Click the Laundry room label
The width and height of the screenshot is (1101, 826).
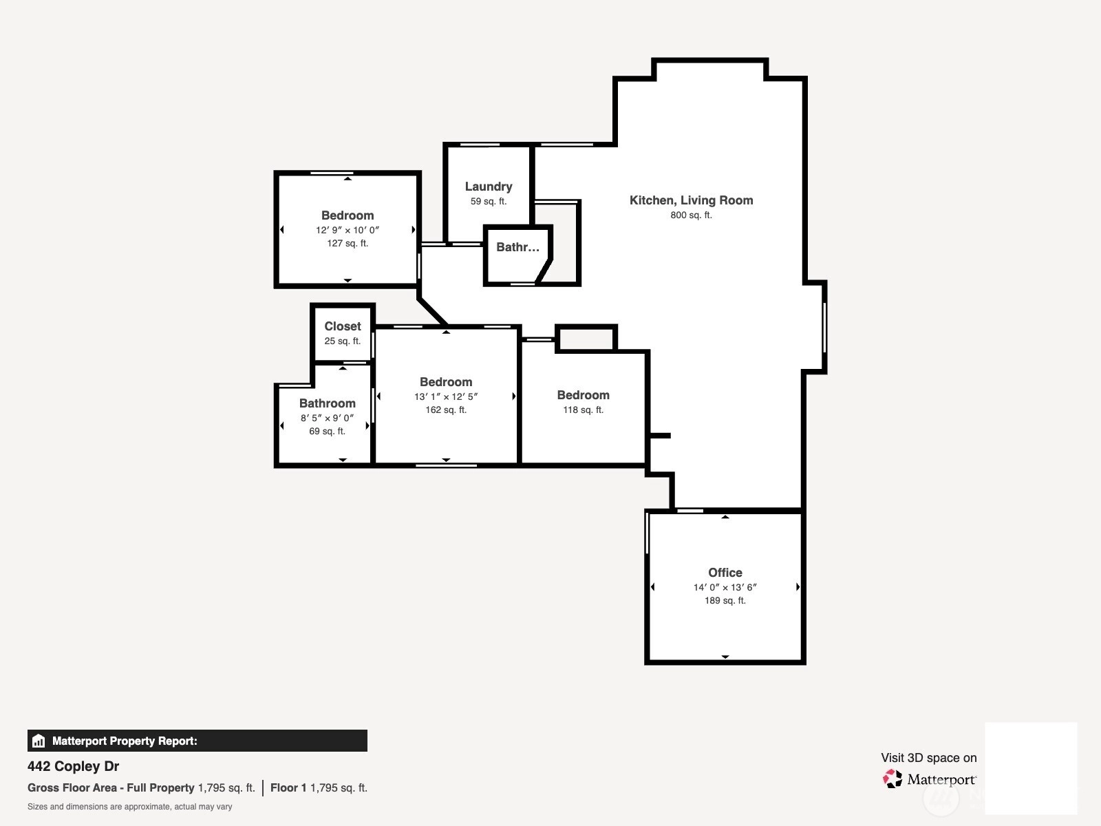pos(489,187)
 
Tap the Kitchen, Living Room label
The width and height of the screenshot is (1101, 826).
pos(691,200)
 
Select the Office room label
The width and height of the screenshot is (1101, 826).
pos(725,572)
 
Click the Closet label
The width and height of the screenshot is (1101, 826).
pos(343,326)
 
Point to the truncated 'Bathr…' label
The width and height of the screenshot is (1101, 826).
pos(517,246)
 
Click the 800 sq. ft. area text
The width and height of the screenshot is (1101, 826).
pos(691,215)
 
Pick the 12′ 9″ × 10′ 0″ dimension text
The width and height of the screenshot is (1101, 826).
pos(347,230)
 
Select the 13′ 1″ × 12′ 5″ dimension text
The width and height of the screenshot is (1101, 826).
pos(446,396)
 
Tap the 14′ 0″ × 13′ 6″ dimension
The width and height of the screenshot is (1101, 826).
pos(725,587)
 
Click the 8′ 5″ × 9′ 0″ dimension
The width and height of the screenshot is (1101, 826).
pos(327,418)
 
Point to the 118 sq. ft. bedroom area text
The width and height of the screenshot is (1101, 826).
pos(583,410)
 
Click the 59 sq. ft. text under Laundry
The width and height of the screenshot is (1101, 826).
pos(489,202)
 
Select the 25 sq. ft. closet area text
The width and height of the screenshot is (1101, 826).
pos(343,341)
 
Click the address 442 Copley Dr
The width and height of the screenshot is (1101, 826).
pos(73,766)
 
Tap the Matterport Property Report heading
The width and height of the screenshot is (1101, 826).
pos(125,741)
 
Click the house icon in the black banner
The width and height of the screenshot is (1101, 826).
pos(39,741)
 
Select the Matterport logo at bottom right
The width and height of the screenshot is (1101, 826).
pos(930,779)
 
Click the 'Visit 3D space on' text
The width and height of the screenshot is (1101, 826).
pos(929,758)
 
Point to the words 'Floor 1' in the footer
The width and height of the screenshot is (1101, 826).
pos(288,787)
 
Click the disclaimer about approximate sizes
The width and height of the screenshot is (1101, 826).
pos(130,807)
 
